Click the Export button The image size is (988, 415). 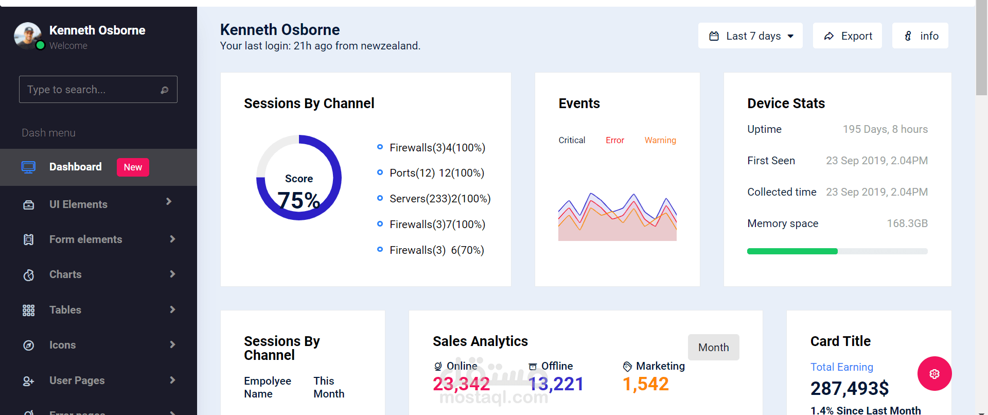(848, 36)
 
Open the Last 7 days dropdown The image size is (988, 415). (750, 36)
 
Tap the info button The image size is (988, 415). (921, 36)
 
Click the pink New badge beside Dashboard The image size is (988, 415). (133, 167)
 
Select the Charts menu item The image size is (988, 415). (65, 274)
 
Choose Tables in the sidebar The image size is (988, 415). (65, 310)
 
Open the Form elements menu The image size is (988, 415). (85, 239)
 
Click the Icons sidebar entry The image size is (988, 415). (62, 345)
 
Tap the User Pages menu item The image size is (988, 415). (77, 381)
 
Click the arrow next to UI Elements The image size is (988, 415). (169, 201)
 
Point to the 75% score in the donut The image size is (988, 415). (299, 200)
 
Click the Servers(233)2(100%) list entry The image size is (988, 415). (440, 199)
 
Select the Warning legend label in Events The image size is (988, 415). (660, 140)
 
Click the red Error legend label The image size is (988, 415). (615, 140)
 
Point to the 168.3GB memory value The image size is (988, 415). (907, 223)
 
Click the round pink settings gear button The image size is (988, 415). (934, 374)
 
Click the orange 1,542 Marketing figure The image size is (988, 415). (646, 384)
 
